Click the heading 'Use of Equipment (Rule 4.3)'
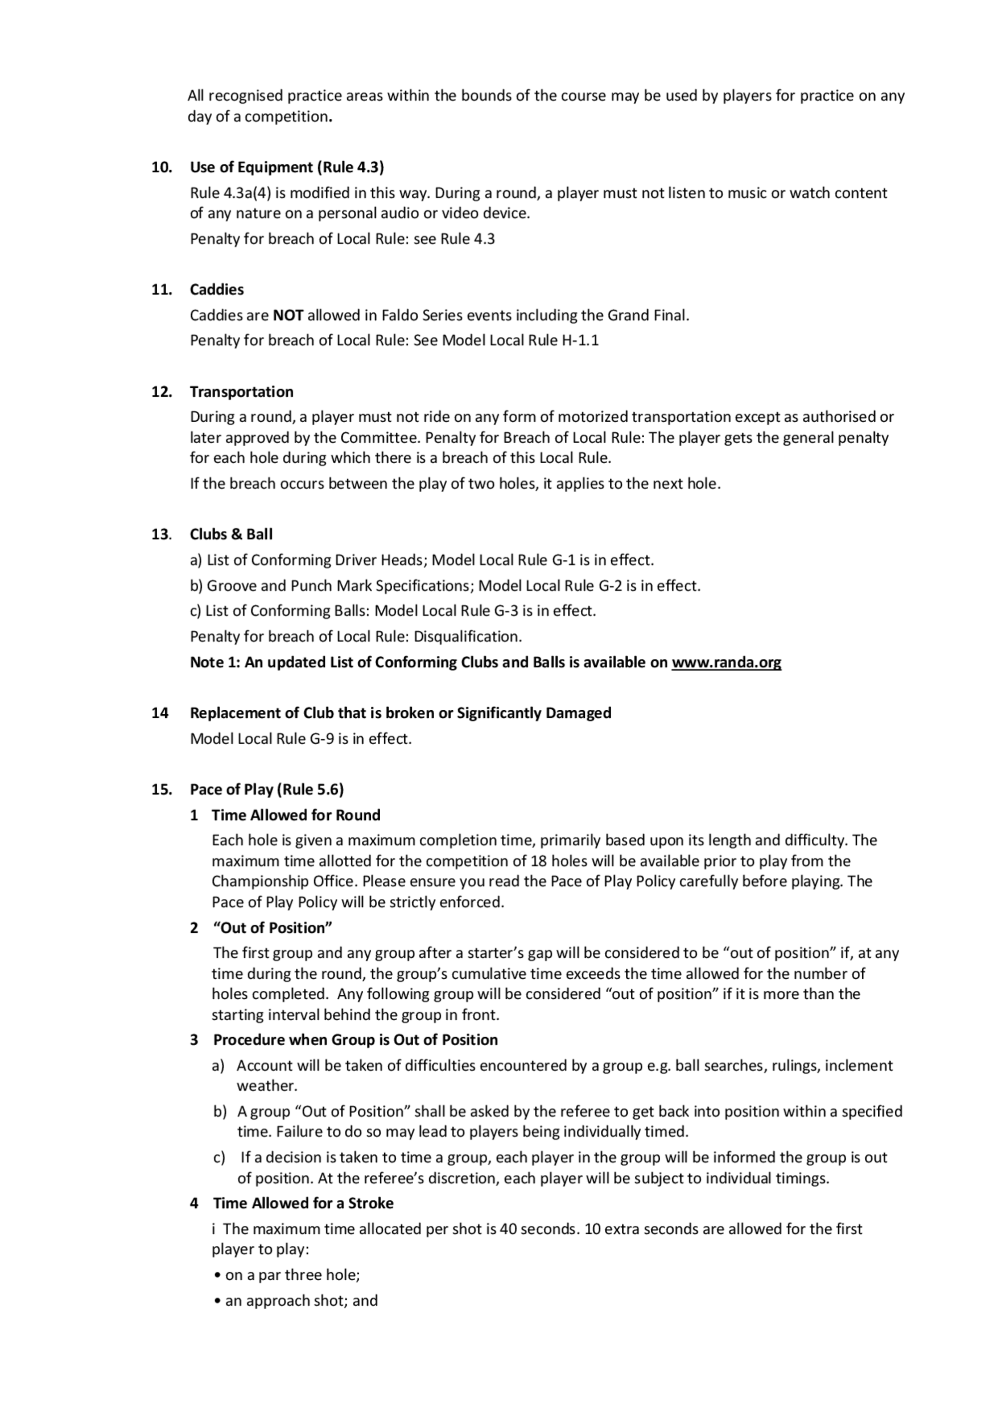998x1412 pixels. pyautogui.click(x=286, y=167)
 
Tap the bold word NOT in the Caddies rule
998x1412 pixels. pyautogui.click(x=288, y=315)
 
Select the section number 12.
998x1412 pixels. pyautogui.click(x=161, y=392)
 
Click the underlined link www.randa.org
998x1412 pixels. pyautogui.click(x=726, y=662)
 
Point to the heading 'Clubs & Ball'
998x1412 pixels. pyautogui.click(x=231, y=535)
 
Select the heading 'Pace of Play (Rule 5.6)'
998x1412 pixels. pyautogui.click(x=267, y=789)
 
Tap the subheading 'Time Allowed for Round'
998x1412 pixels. pyautogui.click(x=296, y=815)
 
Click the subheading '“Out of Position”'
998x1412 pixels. pyautogui.click(x=272, y=927)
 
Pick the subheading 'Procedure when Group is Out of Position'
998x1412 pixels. pyautogui.click(x=355, y=1040)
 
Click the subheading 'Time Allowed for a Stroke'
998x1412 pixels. pyautogui.click(x=303, y=1203)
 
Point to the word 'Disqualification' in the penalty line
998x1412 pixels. pyautogui.click(x=467, y=636)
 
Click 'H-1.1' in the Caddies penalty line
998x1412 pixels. pyautogui.click(x=580, y=340)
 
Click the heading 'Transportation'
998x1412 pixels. pyautogui.click(x=242, y=392)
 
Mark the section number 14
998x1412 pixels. pyautogui.click(x=160, y=713)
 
